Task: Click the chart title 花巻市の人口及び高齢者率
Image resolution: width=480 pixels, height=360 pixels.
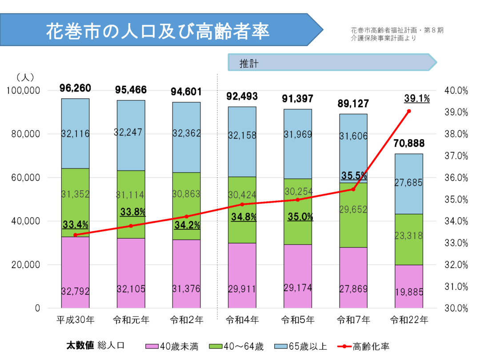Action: tap(158, 31)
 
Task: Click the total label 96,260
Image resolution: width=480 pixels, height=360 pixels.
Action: tap(75, 88)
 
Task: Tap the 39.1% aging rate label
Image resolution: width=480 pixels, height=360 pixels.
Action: tap(417, 99)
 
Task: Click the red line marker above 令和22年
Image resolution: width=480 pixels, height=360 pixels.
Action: tap(409, 111)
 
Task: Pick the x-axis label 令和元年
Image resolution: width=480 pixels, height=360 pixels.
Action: tap(131, 320)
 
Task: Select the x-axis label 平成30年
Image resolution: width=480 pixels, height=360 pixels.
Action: tap(75, 320)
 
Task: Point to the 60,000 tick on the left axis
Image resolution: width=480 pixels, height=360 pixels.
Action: tap(25, 178)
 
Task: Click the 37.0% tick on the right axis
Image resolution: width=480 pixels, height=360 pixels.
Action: tap(456, 156)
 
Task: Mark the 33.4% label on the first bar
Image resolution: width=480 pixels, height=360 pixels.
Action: tap(75, 225)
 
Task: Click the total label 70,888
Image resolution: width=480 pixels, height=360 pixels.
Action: tap(408, 144)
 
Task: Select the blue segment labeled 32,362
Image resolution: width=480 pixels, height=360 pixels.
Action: tap(186, 133)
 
